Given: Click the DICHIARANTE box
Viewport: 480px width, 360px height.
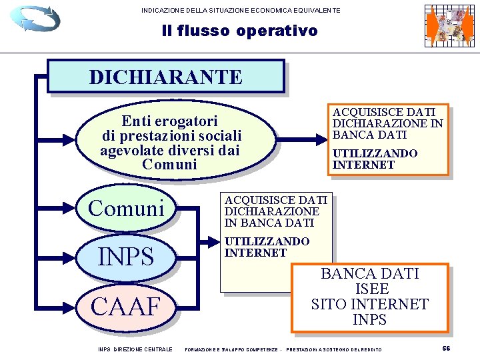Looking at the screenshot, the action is pyautogui.click(x=165, y=77).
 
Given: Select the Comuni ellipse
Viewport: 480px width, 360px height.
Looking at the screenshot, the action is pyautogui.click(x=127, y=208).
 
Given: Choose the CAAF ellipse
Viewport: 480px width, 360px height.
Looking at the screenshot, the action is pyautogui.click(x=127, y=307).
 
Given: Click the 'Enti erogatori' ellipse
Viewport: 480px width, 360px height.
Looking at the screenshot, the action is pyautogui.click(x=170, y=142).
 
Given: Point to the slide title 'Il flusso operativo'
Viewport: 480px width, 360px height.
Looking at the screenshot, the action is pyautogui.click(x=239, y=31).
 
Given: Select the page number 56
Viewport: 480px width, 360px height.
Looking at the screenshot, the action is pyautogui.click(x=446, y=349).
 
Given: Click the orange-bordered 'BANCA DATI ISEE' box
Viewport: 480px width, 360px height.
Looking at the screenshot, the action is pyautogui.click(x=369, y=297).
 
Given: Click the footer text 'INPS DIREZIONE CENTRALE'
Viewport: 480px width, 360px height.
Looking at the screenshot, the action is pyautogui.click(x=135, y=349).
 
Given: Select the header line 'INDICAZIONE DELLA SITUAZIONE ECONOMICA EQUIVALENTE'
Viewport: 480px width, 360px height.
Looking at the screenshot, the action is pyautogui.click(x=241, y=10).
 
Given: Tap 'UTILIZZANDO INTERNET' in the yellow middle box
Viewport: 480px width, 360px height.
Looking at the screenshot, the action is pyautogui.click(x=267, y=247).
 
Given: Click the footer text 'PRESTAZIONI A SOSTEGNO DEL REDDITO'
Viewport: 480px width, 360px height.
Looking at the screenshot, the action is pyautogui.click(x=334, y=349).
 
